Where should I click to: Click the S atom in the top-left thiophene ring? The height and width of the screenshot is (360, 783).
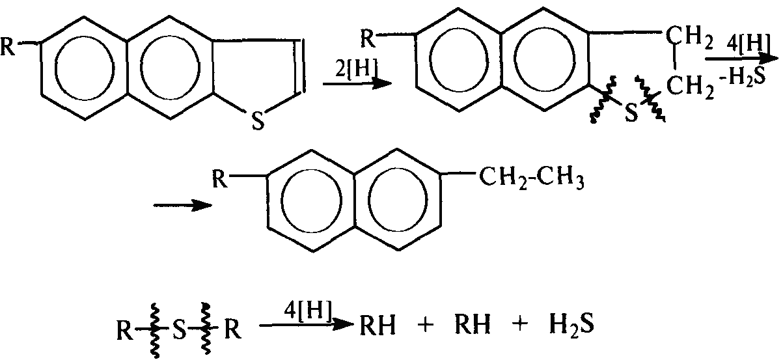258,122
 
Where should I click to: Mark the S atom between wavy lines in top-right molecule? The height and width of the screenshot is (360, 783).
630,113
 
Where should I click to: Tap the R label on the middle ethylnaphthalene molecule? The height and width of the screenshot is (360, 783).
222,176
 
